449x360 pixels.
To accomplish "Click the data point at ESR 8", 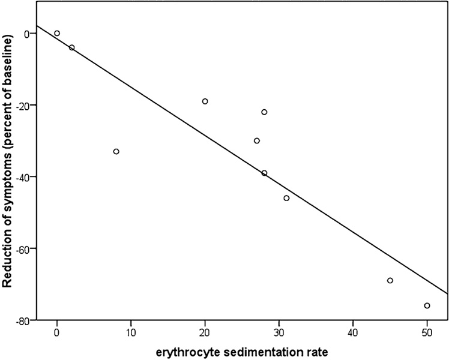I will pos(116,151).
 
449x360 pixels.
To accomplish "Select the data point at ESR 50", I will pos(427,305).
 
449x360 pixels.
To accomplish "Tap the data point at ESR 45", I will pos(390,280).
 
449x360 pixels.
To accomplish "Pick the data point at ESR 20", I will pos(205,101).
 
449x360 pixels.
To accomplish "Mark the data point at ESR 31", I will pos(286,198).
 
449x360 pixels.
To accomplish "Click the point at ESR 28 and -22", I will pos(264,112).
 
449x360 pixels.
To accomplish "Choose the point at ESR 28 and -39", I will pos(264,173).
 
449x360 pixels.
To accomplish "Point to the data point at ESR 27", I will pos(257,141).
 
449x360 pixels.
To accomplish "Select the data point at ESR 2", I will pos(71,47).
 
